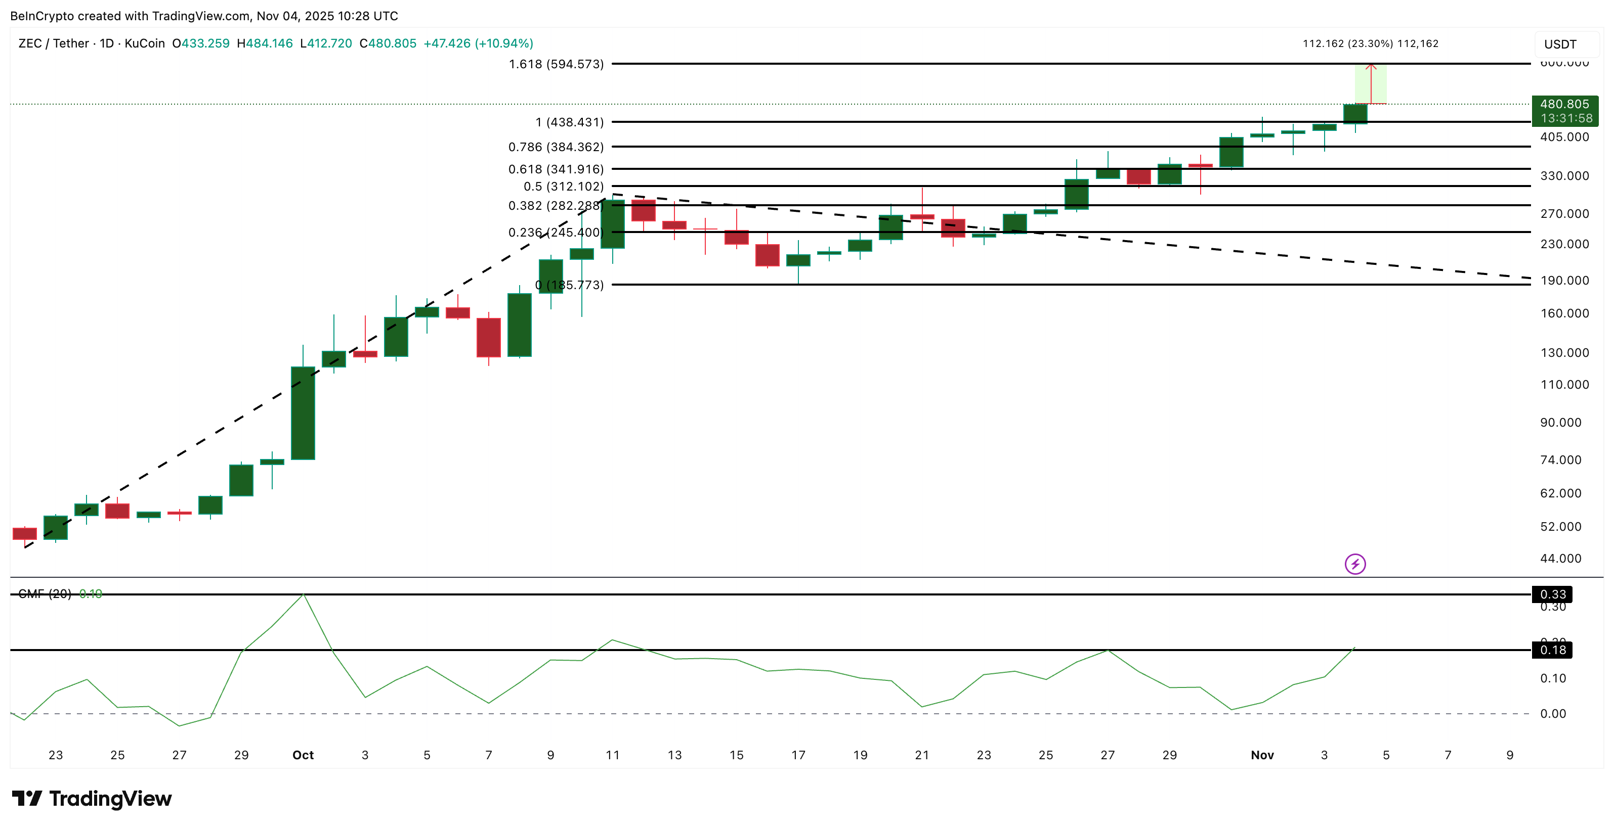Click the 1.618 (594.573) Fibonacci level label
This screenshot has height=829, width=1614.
(x=556, y=64)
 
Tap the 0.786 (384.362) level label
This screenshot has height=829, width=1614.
(x=556, y=147)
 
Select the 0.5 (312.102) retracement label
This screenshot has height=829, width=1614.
(x=563, y=187)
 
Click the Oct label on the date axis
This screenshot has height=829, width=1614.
(x=303, y=755)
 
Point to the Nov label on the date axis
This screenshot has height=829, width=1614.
(x=1262, y=755)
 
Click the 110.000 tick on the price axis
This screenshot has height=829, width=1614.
(x=1564, y=385)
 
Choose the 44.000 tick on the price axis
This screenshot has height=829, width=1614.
(x=1560, y=558)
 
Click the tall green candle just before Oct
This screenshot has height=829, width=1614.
(x=303, y=413)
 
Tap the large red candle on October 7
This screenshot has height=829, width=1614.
(x=488, y=338)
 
